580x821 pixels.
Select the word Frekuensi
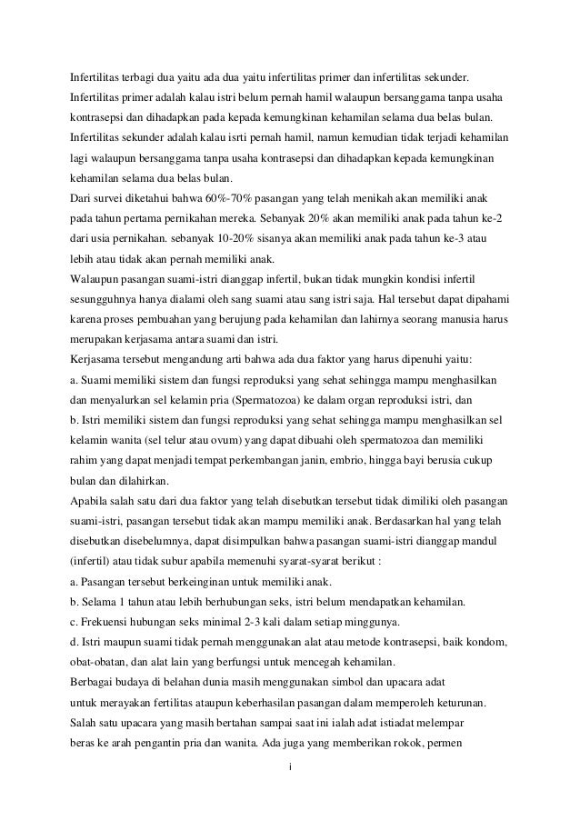(x=109, y=621)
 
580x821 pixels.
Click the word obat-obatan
(x=105, y=661)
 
